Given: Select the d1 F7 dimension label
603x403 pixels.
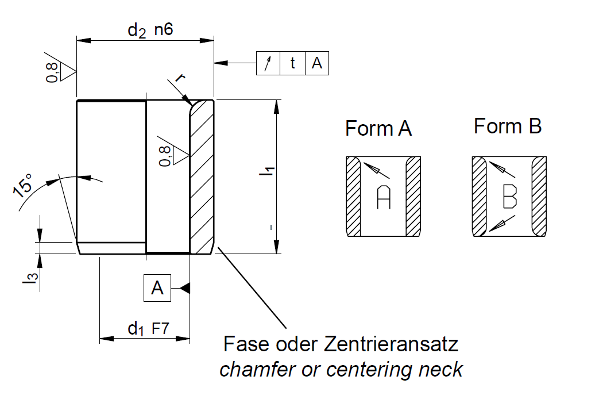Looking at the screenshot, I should pyautogui.click(x=148, y=329).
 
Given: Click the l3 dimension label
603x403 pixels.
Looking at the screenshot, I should pyautogui.click(x=34, y=278).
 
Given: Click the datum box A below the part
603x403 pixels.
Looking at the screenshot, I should pyautogui.click(x=157, y=288).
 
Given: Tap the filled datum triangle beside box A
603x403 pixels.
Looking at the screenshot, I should pyautogui.click(x=184, y=288).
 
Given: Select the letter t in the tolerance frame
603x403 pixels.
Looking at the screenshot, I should pyautogui.click(x=292, y=63).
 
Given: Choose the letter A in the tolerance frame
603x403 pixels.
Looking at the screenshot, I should pyautogui.click(x=317, y=63).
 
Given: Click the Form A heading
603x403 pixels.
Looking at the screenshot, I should pyautogui.click(x=378, y=128).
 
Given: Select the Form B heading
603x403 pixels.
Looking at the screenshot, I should pyautogui.click(x=508, y=126).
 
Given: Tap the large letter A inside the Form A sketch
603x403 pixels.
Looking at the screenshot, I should pyautogui.click(x=383, y=198).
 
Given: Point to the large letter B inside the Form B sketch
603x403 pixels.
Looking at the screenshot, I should pyautogui.click(x=509, y=197).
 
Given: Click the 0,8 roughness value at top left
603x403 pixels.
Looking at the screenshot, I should pyautogui.click(x=53, y=72).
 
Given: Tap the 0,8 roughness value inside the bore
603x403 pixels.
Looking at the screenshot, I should pyautogui.click(x=165, y=155).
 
